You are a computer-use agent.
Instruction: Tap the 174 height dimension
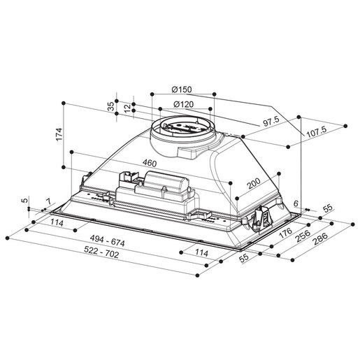[59, 134]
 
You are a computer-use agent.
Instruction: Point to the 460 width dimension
[148, 163]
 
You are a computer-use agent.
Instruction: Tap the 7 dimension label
[48, 203]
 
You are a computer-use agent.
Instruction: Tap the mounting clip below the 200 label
[262, 216]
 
